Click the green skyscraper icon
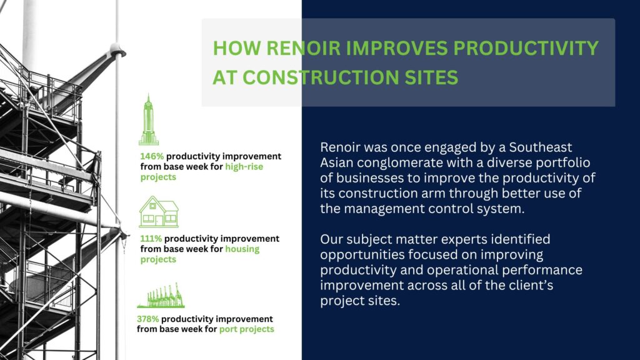(149, 119)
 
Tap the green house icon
(159, 211)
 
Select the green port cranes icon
(161, 295)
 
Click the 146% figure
(152, 156)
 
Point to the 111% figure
(151, 239)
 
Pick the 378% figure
(147, 319)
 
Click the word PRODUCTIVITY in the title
(526, 48)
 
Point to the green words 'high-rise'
(244, 167)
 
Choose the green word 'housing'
(242, 249)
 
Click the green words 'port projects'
(246, 329)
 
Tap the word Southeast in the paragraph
(541, 147)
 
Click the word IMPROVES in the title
(396, 48)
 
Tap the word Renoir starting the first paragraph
(339, 147)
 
